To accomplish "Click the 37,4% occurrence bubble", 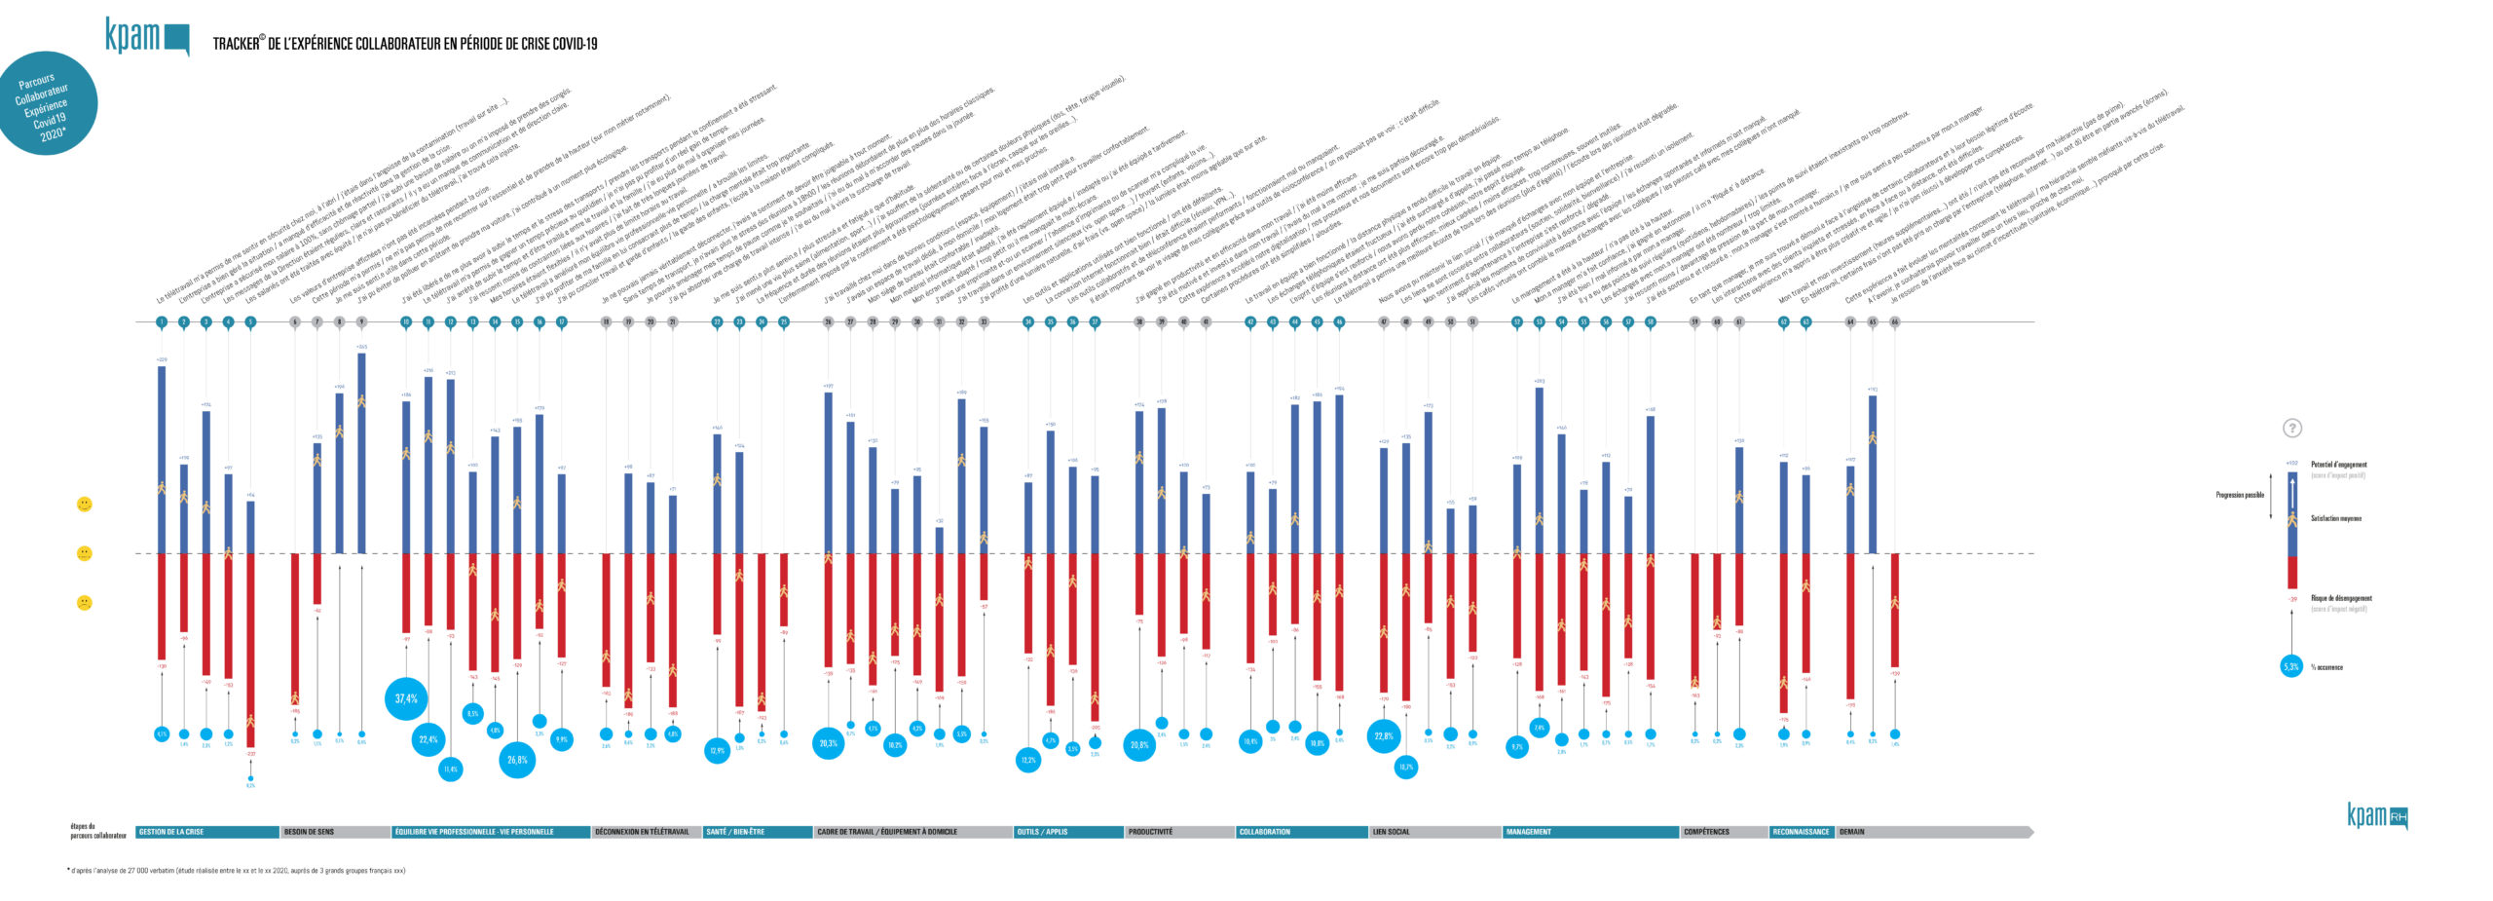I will [x=406, y=698].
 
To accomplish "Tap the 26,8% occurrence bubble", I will [x=517, y=760].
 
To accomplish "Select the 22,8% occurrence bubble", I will [x=1384, y=736].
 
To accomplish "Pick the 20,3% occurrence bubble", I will [x=828, y=743].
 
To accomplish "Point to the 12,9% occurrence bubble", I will [x=717, y=751].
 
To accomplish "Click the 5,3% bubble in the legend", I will [x=2291, y=667].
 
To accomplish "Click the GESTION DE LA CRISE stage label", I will [x=171, y=832].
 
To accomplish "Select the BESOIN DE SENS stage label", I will [x=309, y=832].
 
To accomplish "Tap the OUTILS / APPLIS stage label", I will [x=1042, y=832].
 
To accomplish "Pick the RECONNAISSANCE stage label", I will [x=1801, y=832].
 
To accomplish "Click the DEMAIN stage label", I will [x=1852, y=832].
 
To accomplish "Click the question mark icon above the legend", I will [x=2292, y=429].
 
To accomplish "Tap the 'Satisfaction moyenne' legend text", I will [x=2336, y=518].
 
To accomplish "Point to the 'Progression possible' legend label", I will [x=2240, y=495].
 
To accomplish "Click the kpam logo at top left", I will [x=146, y=37].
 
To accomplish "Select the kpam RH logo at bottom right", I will [x=2376, y=816].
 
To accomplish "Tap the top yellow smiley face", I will [x=85, y=504].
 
